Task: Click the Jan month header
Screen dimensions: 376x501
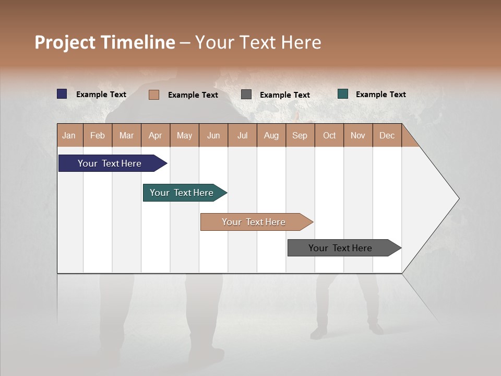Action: tap(69, 135)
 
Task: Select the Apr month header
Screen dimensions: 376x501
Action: tap(156, 135)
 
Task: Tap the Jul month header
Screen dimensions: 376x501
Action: tap(242, 135)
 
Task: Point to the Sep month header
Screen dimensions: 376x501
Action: tap(300, 135)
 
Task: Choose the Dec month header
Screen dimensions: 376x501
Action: tap(387, 135)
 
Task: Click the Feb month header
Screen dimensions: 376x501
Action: tap(98, 135)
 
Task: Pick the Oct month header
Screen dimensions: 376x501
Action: tap(329, 135)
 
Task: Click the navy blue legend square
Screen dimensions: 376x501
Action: tap(62, 94)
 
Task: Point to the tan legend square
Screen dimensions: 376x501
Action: tap(154, 95)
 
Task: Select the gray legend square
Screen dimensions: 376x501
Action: tap(246, 95)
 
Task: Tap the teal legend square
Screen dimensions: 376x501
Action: tap(343, 94)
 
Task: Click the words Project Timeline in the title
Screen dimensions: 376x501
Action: tap(105, 42)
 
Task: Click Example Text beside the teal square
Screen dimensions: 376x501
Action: tap(380, 95)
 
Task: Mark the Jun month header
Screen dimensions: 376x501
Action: tap(213, 135)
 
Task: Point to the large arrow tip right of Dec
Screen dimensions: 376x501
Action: tap(438, 198)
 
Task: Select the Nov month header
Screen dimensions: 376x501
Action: tap(358, 135)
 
